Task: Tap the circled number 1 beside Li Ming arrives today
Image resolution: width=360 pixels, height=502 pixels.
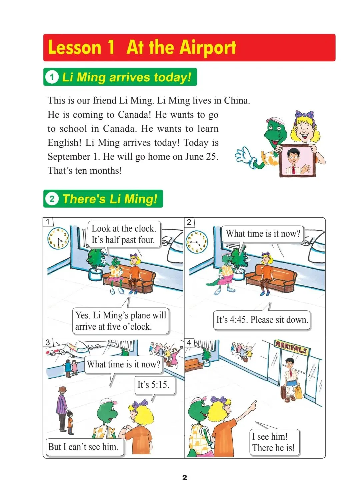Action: (52, 77)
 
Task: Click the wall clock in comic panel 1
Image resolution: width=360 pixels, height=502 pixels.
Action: (58, 239)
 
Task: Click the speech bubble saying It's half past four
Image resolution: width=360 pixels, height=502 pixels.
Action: (124, 234)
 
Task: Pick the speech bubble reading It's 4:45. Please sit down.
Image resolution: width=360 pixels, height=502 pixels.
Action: (262, 319)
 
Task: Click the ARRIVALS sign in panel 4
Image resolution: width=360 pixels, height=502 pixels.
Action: (292, 347)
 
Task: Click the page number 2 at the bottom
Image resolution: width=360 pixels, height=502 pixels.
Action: (184, 478)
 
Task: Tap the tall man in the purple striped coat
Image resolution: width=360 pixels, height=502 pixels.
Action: (62, 409)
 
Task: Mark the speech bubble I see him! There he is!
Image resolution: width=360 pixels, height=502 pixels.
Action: (274, 442)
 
